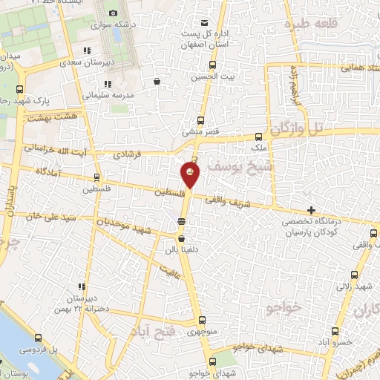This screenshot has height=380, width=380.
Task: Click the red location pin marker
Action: (190, 175)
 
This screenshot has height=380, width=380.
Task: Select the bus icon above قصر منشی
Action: (200, 120)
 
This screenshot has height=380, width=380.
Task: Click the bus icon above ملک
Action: (258, 137)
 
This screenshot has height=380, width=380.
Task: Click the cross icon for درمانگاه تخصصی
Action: (312, 211)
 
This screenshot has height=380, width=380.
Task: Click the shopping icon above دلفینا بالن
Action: (181, 238)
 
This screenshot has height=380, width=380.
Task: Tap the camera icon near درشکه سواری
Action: (113, 13)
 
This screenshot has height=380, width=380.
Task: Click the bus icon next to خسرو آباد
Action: (334, 332)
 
